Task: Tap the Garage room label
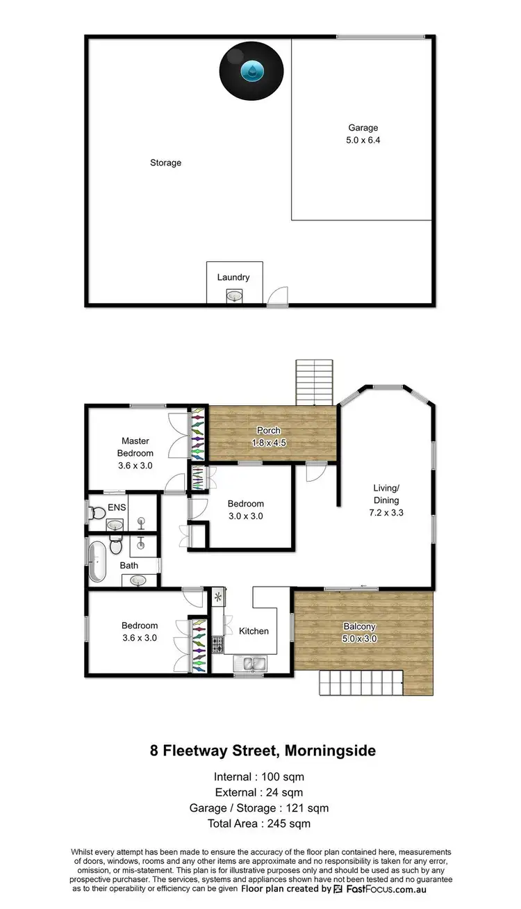(x=363, y=128)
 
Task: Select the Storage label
(x=165, y=163)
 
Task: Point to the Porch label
(x=268, y=430)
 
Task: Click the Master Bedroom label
(x=135, y=447)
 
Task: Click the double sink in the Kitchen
(x=249, y=664)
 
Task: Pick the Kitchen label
(x=254, y=631)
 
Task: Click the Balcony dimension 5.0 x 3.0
(x=359, y=639)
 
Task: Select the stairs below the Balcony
(x=361, y=684)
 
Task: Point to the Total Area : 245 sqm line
(x=259, y=824)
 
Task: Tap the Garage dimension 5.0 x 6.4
(x=363, y=140)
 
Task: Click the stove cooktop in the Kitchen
(x=217, y=645)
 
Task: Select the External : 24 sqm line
(x=259, y=792)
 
